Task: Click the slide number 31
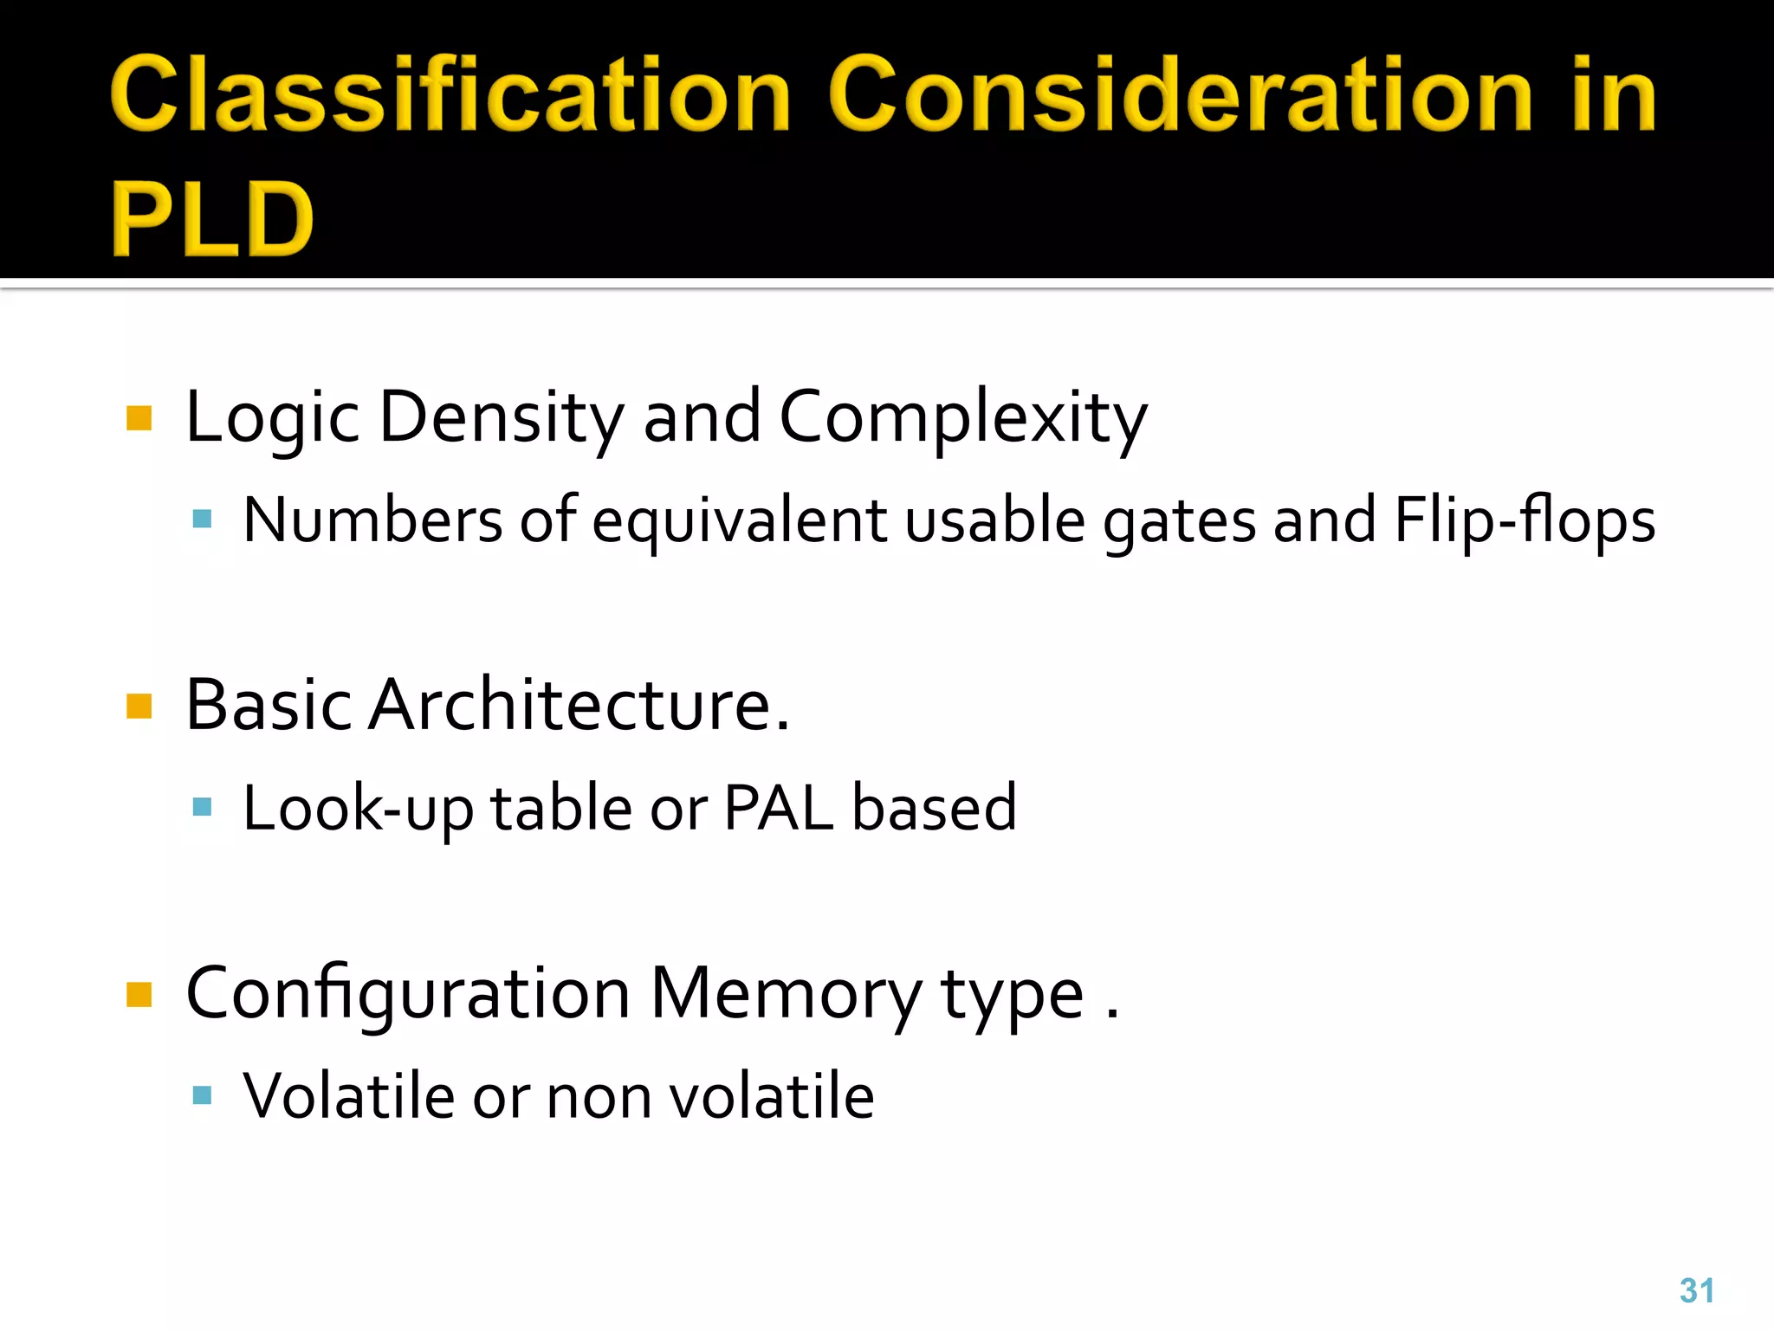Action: click(1696, 1290)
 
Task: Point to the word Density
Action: click(501, 417)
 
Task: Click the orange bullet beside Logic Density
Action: click(139, 418)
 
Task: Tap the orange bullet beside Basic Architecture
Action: click(139, 707)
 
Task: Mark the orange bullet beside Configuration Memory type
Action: click(139, 995)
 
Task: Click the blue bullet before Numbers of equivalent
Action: click(203, 520)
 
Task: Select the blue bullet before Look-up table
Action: click(203, 808)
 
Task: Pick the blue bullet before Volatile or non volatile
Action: click(203, 1096)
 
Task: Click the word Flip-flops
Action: click(1525, 521)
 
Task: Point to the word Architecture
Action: click(579, 706)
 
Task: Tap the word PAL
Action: click(779, 808)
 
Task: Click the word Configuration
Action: click(408, 994)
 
